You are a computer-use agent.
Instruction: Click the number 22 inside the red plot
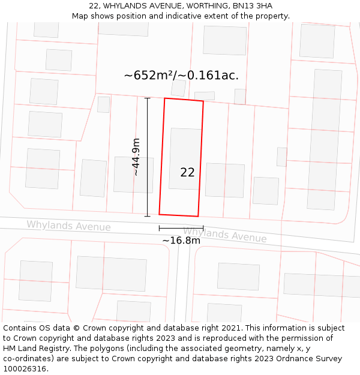187,172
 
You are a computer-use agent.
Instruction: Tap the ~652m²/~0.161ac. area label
181,76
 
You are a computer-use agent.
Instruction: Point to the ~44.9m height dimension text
136,157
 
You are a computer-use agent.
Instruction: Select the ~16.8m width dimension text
181,241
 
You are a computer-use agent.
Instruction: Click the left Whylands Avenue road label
68,226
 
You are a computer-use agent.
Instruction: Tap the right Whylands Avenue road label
224,235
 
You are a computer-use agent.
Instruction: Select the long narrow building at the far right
325,139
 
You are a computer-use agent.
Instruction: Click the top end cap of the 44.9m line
148,97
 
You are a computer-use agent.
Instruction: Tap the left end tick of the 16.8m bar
159,228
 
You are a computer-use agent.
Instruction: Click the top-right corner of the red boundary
203,101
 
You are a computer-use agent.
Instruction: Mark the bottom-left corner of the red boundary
159,214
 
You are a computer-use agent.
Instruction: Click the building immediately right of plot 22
225,180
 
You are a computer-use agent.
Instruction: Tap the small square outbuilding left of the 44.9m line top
103,104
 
